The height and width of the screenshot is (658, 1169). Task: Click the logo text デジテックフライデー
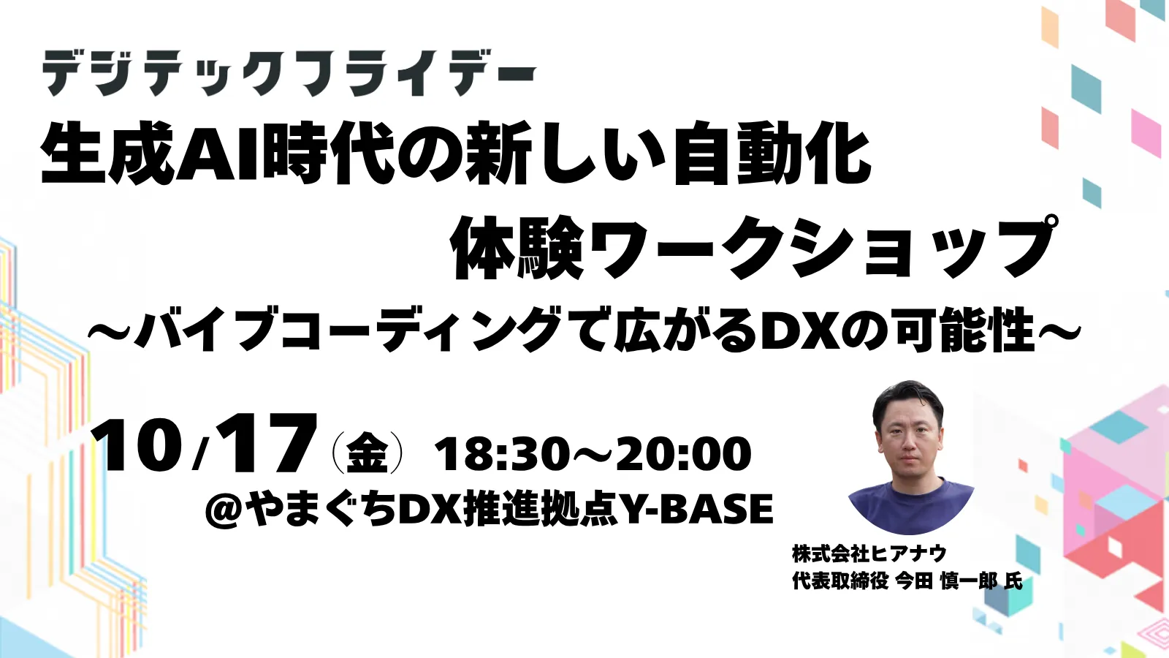[289, 73]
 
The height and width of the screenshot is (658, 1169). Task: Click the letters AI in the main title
[219, 155]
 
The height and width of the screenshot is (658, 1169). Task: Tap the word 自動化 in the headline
[772, 155]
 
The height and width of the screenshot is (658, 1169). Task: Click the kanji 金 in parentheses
[367, 454]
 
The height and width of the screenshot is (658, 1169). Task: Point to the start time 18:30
[501, 454]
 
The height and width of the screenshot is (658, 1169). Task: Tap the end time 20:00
[684, 454]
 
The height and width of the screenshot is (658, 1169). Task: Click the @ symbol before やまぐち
[224, 510]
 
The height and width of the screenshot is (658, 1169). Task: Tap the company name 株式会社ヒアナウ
[869, 553]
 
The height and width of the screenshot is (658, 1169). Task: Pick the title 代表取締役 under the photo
[840, 582]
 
